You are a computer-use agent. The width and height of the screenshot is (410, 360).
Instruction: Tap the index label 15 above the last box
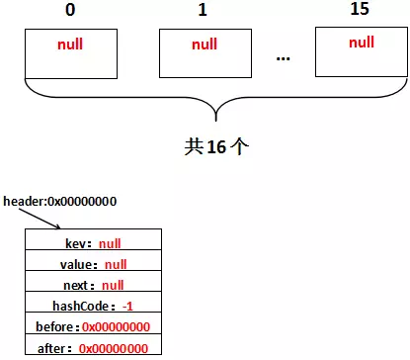[361, 11]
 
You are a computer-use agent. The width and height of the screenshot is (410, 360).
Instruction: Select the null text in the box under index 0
[70, 45]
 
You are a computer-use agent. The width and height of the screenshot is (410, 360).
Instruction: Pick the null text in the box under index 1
[204, 45]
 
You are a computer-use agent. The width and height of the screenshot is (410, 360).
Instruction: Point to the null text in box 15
[361, 42]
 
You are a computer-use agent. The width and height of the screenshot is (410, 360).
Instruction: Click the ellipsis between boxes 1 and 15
[283, 57]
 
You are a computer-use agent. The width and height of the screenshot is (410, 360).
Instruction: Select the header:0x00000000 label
[60, 202]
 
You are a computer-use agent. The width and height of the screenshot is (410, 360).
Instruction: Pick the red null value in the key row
[111, 243]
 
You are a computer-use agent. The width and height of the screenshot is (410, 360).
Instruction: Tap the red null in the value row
[116, 264]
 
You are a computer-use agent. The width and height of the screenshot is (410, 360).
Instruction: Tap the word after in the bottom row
[55, 348]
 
